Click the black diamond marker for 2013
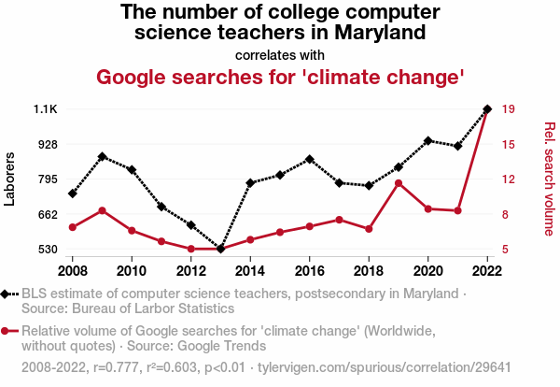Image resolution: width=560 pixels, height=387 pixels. point(220,249)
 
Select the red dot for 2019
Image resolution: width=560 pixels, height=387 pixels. point(399,183)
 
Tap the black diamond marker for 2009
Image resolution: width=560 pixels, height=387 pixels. point(102,156)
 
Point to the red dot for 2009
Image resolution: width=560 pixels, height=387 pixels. point(102,210)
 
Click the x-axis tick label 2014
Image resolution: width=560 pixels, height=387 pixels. point(250,271)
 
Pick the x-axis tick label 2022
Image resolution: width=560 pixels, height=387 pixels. point(487,271)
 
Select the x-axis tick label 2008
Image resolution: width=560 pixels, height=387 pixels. point(73,271)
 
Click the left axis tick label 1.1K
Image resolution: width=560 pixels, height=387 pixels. point(46,109)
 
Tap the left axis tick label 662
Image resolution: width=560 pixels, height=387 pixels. point(47,215)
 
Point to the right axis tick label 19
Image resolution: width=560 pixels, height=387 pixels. point(508,109)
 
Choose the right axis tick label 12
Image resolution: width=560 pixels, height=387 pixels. point(508,179)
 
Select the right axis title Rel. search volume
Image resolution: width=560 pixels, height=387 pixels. point(550,179)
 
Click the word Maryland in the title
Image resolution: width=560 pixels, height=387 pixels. point(378,33)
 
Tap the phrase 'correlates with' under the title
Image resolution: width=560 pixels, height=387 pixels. point(280,54)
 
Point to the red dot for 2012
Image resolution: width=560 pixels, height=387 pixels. point(191,249)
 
